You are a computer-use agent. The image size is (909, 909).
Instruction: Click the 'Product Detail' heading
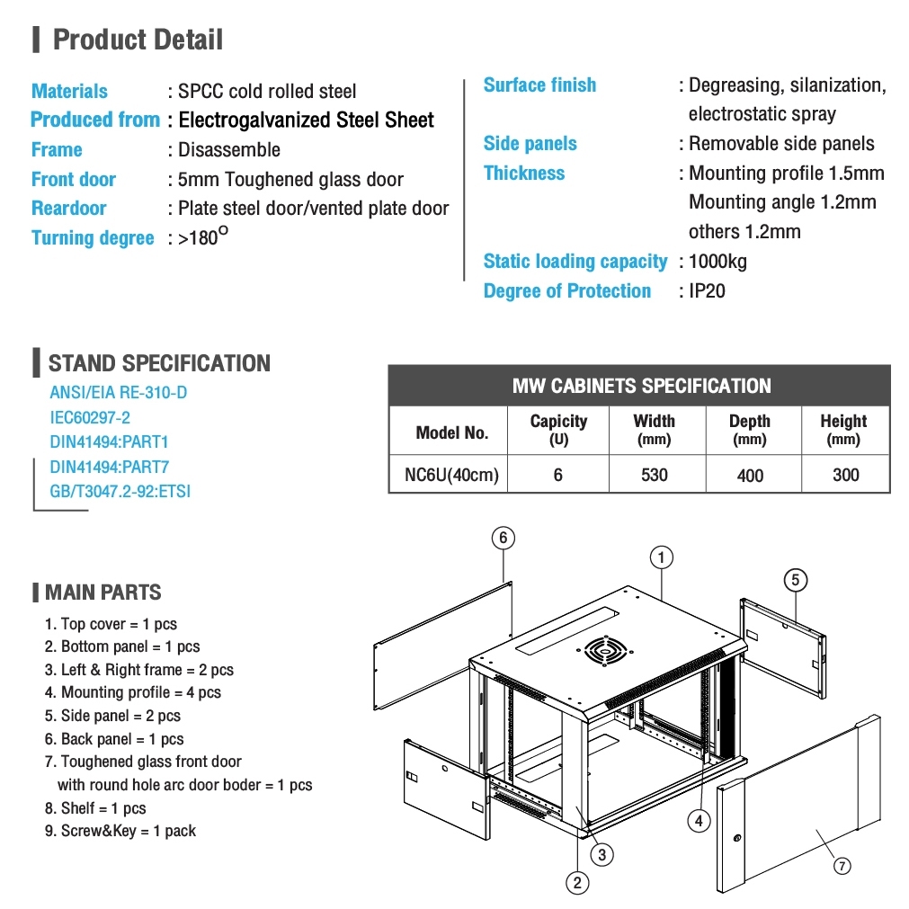click(138, 40)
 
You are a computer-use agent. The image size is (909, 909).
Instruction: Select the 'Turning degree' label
click(93, 238)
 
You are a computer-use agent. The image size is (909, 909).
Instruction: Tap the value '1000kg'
click(717, 262)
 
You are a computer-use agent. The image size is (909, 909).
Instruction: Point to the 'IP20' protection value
click(707, 291)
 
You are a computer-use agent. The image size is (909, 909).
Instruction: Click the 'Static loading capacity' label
click(575, 262)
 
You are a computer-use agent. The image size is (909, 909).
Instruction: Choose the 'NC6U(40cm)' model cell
click(451, 475)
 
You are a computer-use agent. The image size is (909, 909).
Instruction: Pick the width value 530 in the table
click(655, 475)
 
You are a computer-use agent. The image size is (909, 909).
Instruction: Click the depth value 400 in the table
click(750, 476)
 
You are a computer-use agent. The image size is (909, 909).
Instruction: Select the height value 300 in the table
click(845, 475)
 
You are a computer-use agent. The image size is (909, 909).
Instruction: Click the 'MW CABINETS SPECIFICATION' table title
click(641, 387)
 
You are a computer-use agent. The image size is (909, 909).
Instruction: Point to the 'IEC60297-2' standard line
click(90, 417)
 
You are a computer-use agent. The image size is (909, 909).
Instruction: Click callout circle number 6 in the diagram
click(503, 538)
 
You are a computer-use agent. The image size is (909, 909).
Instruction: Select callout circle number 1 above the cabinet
click(661, 557)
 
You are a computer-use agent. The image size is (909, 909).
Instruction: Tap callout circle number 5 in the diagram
click(795, 580)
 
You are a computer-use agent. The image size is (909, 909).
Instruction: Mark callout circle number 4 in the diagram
click(699, 819)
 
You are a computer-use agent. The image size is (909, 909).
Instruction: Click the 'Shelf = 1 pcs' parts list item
click(95, 808)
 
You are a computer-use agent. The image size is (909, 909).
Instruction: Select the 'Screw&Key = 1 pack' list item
click(120, 831)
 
